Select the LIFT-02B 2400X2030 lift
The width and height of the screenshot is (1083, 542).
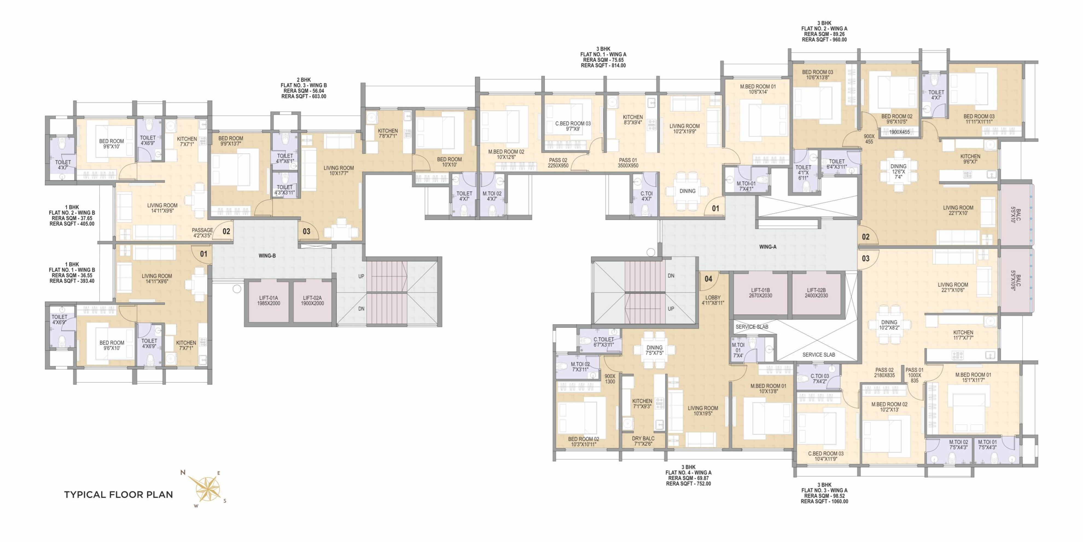coord(816,293)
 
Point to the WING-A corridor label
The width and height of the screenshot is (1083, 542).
coord(768,247)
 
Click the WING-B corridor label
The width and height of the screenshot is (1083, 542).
coord(267,255)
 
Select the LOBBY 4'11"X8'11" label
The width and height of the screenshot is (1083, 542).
coord(713,300)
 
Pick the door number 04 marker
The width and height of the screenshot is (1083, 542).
coord(708,279)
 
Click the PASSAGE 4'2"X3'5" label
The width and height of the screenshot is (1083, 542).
coord(202,233)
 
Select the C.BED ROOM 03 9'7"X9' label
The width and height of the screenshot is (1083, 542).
coord(573,126)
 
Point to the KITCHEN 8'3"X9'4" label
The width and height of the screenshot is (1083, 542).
coord(633,120)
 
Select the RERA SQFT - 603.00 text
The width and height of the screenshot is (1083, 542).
coord(304,96)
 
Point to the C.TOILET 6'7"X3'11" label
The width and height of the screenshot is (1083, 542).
coord(603,342)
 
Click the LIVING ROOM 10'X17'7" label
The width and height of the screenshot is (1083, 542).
coord(339,171)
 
